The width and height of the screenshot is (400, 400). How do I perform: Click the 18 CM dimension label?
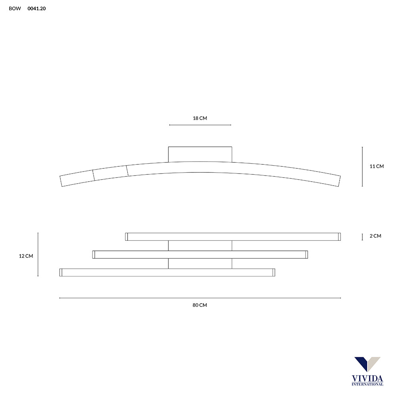(x=200, y=118)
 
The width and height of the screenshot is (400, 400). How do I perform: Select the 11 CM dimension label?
(x=376, y=166)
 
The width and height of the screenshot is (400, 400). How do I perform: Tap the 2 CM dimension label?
(x=375, y=236)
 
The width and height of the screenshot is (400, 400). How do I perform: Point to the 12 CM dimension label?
(x=26, y=256)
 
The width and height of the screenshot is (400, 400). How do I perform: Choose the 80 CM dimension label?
(x=200, y=305)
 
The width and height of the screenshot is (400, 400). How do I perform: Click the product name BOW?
(x=15, y=8)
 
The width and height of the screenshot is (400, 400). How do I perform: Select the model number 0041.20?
(x=36, y=8)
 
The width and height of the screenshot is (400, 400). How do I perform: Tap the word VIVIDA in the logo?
(x=367, y=378)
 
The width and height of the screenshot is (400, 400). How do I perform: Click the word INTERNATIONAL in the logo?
(x=367, y=384)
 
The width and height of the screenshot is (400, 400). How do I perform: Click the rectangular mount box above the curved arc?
(x=200, y=154)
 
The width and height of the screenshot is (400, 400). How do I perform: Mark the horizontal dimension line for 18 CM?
(x=200, y=125)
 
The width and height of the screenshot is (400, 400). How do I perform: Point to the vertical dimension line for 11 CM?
(x=362, y=166)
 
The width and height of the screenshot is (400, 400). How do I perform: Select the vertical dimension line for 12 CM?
(x=38, y=255)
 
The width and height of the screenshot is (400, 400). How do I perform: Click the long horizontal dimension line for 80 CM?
(x=200, y=298)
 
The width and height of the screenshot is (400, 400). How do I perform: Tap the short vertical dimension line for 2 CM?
(x=362, y=237)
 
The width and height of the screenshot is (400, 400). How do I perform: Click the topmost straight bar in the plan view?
(x=233, y=237)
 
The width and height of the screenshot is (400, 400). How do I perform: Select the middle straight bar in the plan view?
(x=200, y=255)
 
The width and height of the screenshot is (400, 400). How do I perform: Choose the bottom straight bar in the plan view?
(x=167, y=272)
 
